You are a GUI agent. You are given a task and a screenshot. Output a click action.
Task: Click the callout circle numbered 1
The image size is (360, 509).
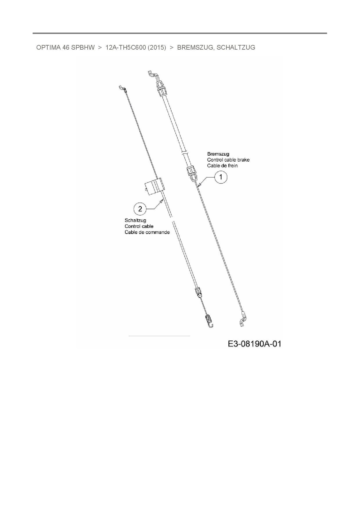click(x=221, y=177)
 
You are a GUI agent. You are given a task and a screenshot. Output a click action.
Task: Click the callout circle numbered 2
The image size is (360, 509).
click(x=141, y=209)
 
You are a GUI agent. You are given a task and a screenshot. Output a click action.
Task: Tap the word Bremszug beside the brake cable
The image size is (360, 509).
click(x=218, y=154)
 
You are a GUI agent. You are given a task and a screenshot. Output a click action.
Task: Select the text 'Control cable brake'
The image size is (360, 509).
click(x=228, y=160)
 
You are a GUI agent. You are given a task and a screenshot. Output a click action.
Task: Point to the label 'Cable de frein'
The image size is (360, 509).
click(x=222, y=166)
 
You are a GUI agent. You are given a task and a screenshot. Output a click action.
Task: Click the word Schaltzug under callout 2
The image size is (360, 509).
click(x=135, y=220)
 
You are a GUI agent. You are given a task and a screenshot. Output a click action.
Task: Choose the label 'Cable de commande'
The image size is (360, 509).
click(x=147, y=232)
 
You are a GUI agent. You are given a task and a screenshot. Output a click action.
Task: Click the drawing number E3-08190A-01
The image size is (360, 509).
click(x=255, y=344)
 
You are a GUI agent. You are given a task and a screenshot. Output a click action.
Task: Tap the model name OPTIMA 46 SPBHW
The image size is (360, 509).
click(x=65, y=48)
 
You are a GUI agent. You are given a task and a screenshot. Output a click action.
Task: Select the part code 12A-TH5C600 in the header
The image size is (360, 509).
click(x=125, y=48)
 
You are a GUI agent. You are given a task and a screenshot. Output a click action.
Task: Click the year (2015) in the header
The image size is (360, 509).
click(x=157, y=48)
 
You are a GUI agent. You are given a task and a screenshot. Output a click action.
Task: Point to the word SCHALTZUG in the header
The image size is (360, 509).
click(x=236, y=48)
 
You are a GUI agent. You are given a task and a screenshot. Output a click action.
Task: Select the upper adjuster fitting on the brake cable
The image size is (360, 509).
click(x=161, y=88)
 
